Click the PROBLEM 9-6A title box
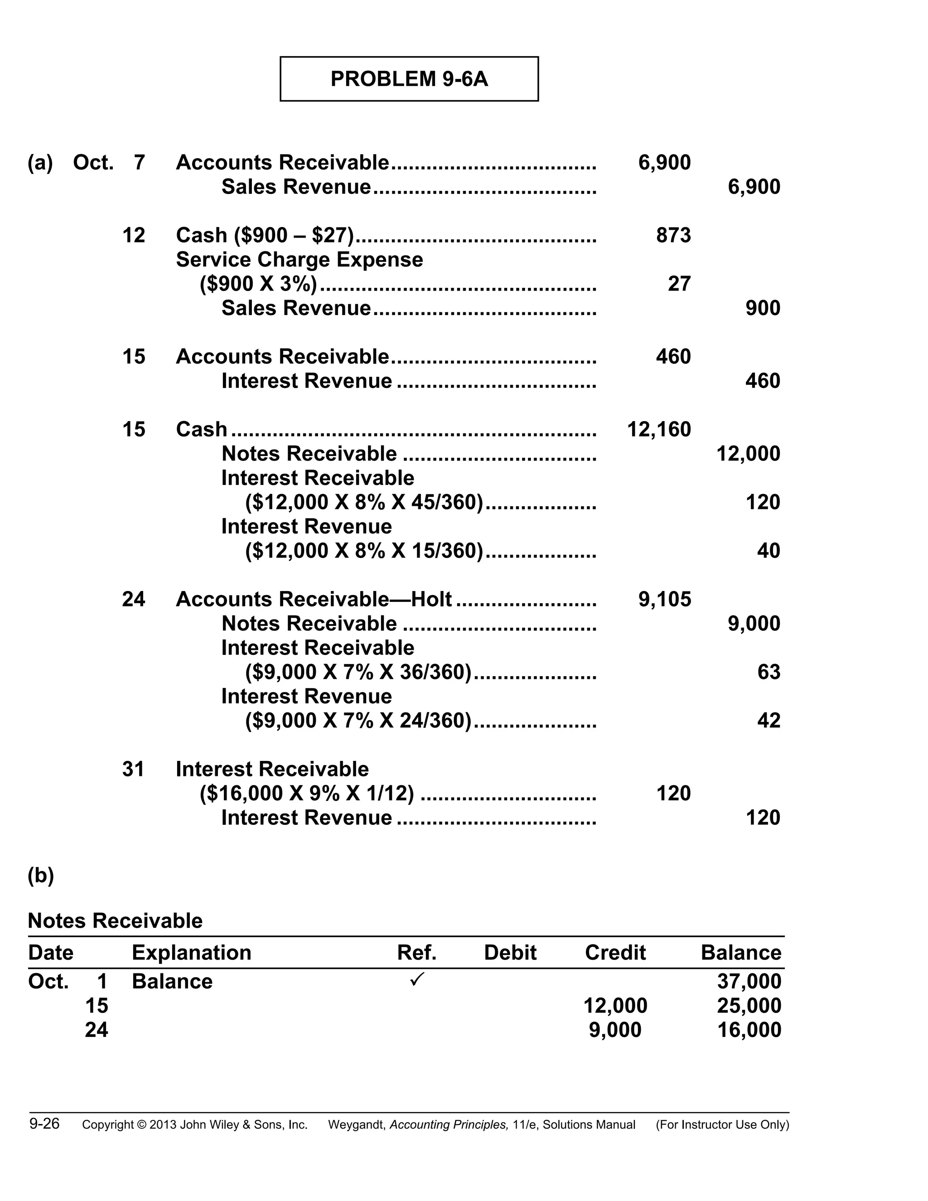(409, 79)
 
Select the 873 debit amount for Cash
(673, 235)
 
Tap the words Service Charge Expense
(299, 260)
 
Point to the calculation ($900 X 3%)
(258, 284)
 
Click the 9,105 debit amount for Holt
(664, 600)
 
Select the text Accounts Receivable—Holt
(314, 600)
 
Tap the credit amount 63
(768, 672)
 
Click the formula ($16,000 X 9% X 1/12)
(306, 794)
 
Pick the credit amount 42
(768, 721)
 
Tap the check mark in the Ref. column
(417, 979)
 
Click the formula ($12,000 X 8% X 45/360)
(363, 503)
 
